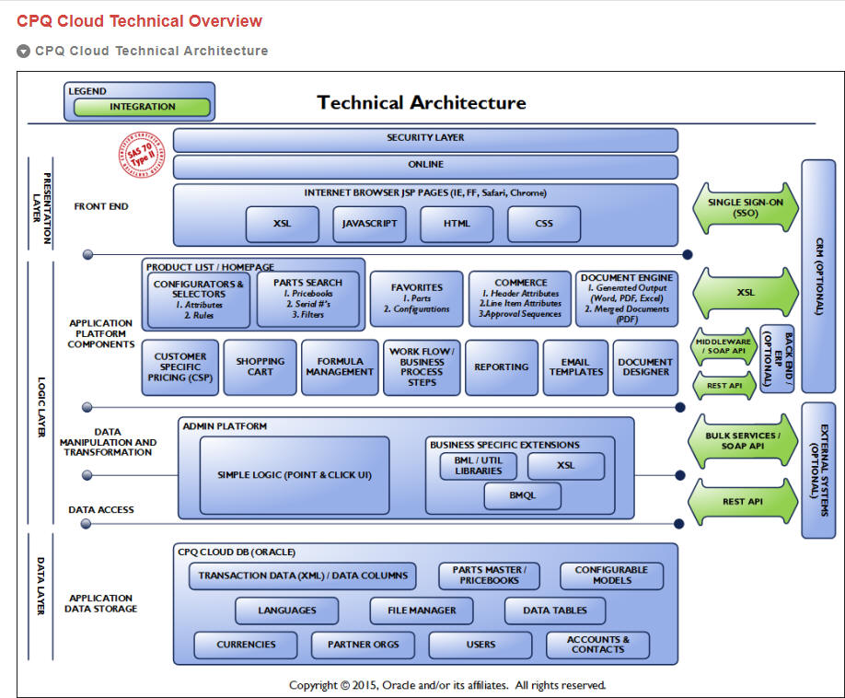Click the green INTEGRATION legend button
click(142, 107)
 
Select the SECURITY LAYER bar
click(425, 139)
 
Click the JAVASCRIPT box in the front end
click(369, 224)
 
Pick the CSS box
click(543, 224)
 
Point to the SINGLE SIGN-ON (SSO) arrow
click(745, 207)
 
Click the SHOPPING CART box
click(260, 367)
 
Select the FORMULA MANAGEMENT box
click(340, 367)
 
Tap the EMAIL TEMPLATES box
click(575, 367)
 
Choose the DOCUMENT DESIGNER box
click(645, 367)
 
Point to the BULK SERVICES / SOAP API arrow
click(743, 441)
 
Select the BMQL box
click(522, 495)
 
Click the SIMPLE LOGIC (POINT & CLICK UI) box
click(295, 475)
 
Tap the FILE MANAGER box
click(422, 611)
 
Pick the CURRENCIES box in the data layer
click(247, 645)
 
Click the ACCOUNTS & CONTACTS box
click(597, 645)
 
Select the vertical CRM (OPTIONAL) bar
click(817, 275)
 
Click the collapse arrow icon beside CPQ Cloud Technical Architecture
click(24, 52)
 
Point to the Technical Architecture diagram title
click(422, 102)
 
